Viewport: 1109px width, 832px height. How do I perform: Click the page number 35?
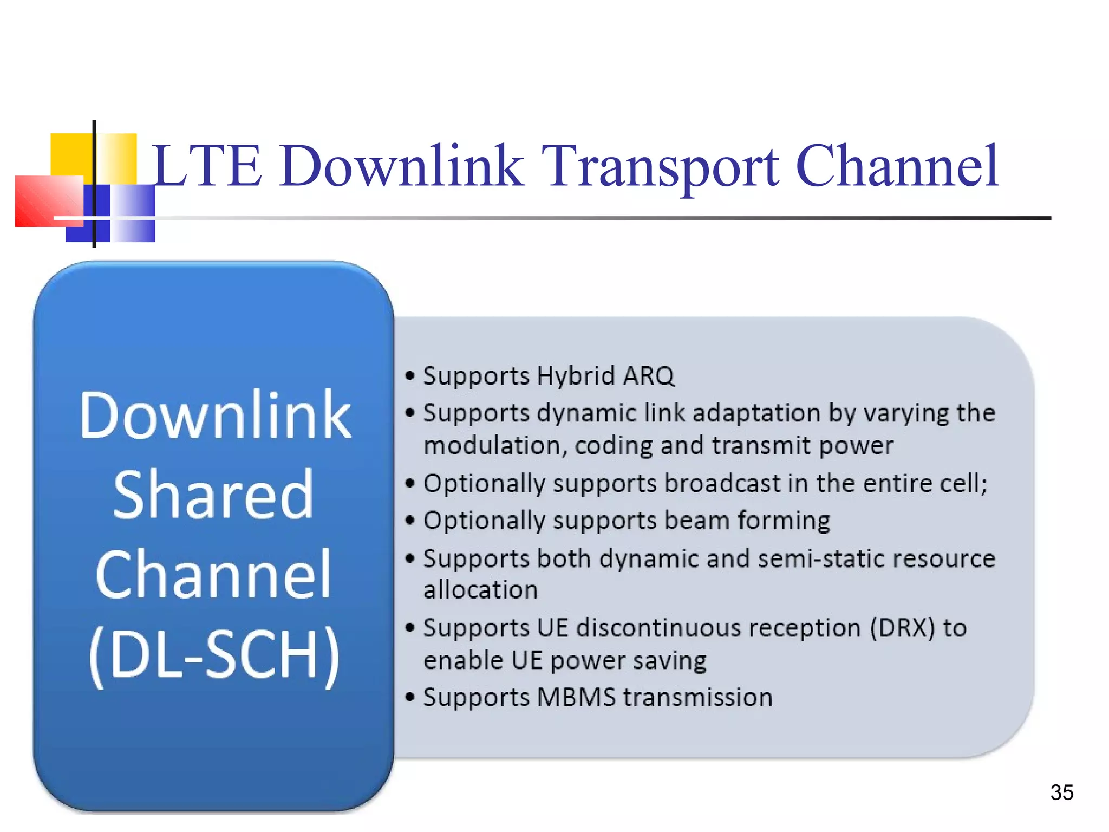click(1061, 792)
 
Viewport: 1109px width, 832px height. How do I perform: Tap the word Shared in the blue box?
click(213, 494)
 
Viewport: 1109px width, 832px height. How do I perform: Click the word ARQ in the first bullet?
click(649, 376)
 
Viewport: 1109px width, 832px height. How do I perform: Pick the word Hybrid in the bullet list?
click(576, 376)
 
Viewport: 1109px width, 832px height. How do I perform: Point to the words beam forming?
click(747, 521)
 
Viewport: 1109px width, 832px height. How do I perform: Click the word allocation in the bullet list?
click(480, 590)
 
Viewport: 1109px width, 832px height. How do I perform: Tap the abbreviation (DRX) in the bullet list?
click(902, 628)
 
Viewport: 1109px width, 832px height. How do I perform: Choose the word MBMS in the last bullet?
click(576, 697)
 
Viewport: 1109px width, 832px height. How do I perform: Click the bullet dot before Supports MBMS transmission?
click(410, 697)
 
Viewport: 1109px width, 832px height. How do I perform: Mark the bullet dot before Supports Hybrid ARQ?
click(410, 376)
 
